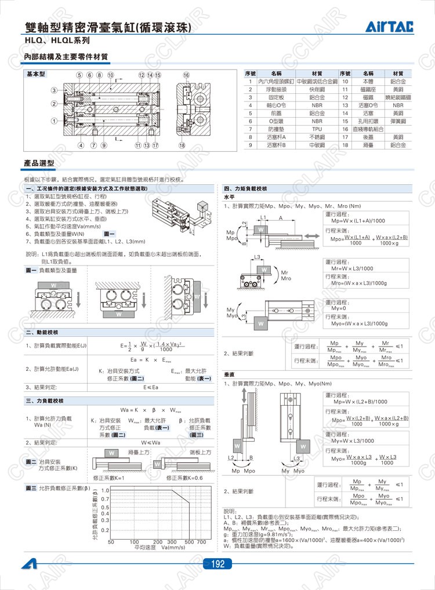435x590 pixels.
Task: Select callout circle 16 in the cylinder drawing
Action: coord(186,75)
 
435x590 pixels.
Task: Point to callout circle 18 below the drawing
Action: coord(182,145)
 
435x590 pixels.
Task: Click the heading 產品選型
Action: coord(39,164)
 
